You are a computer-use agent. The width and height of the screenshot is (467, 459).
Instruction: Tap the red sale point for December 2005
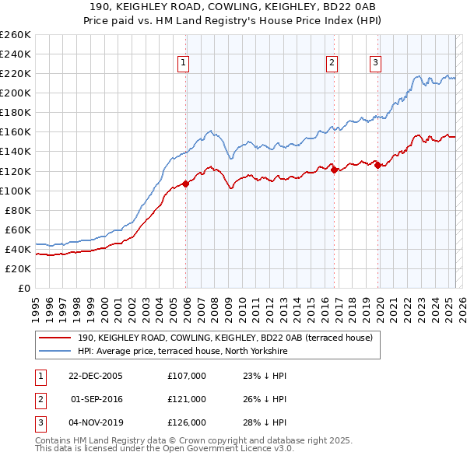pyautogui.click(x=186, y=184)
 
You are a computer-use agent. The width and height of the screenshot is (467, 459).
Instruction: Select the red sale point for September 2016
pyautogui.click(x=334, y=170)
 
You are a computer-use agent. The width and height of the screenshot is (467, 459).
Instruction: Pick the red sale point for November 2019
pyautogui.click(x=377, y=165)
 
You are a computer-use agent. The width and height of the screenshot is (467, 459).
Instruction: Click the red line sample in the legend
pyautogui.click(x=54, y=338)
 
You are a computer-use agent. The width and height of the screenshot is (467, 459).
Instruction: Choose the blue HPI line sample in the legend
pyautogui.click(x=54, y=352)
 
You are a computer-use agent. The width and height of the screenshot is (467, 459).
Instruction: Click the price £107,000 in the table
pyautogui.click(x=187, y=376)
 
